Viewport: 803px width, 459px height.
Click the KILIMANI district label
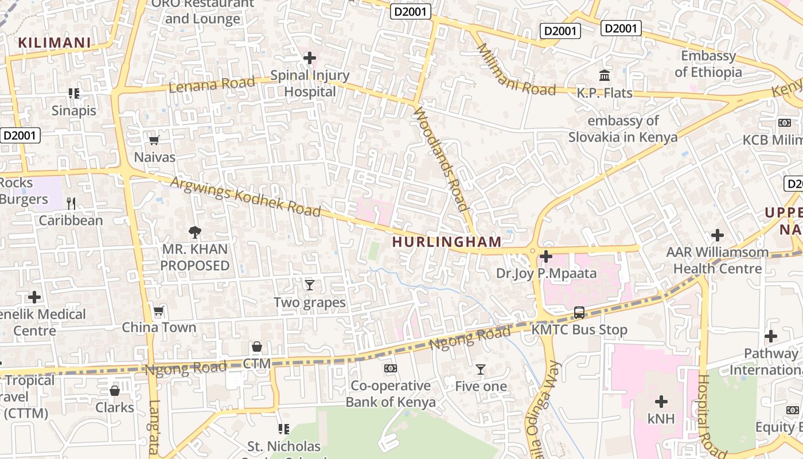point(54,42)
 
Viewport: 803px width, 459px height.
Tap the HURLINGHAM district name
point(447,242)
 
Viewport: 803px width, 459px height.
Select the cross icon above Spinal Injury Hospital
point(310,58)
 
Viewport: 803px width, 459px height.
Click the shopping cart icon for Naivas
point(154,140)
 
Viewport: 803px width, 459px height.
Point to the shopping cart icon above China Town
point(159,311)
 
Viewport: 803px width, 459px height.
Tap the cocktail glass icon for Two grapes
point(310,285)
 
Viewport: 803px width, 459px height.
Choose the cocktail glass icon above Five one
point(481,369)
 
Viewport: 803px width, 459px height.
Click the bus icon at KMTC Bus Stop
point(579,313)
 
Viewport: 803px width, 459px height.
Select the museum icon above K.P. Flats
point(605,75)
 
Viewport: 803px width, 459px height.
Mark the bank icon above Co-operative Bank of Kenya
point(390,368)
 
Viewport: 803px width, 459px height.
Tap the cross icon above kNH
point(661,402)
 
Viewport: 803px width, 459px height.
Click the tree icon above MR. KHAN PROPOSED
point(195,232)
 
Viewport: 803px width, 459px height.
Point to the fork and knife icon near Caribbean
point(71,203)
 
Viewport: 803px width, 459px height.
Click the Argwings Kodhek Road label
point(245,196)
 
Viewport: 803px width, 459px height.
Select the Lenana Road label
point(212,85)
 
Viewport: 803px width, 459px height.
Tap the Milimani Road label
point(516,70)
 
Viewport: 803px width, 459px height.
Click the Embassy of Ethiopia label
point(708,64)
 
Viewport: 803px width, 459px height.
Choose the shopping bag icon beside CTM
point(256,347)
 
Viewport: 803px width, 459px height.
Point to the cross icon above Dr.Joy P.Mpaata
point(546,256)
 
